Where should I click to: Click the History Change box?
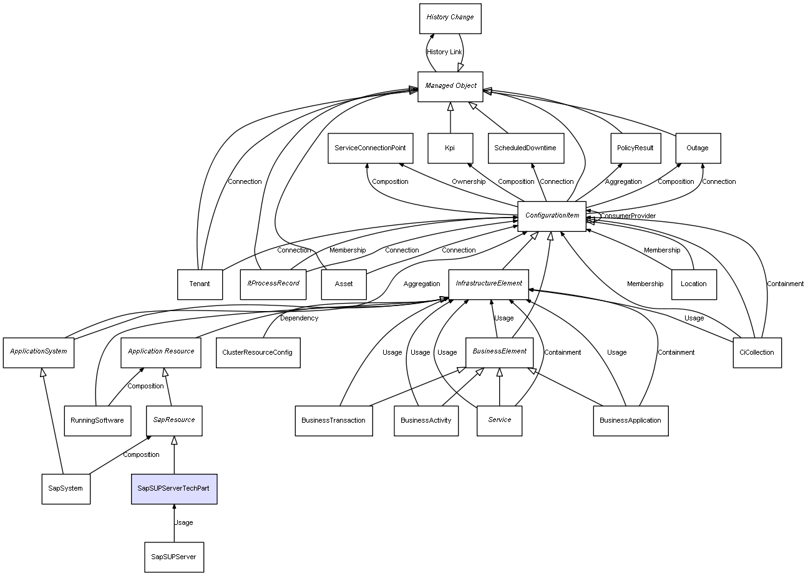point(450,18)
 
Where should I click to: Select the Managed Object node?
point(450,86)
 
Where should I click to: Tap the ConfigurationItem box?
point(552,216)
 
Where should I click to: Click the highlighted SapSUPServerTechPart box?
point(173,489)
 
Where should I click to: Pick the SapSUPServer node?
point(174,557)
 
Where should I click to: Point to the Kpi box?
point(450,148)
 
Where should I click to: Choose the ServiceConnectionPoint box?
point(370,148)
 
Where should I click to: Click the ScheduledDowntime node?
point(525,148)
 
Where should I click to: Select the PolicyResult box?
point(635,148)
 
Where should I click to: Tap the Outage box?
point(698,148)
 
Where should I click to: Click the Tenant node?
point(200,284)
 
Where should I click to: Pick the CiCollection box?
point(756,353)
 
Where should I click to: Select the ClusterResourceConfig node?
point(257,353)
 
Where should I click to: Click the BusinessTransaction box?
point(333,421)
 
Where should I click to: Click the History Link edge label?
point(444,52)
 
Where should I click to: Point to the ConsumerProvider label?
point(628,216)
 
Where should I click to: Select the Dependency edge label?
point(299,319)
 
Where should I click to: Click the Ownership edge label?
point(469,182)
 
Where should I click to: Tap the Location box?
point(694,284)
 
